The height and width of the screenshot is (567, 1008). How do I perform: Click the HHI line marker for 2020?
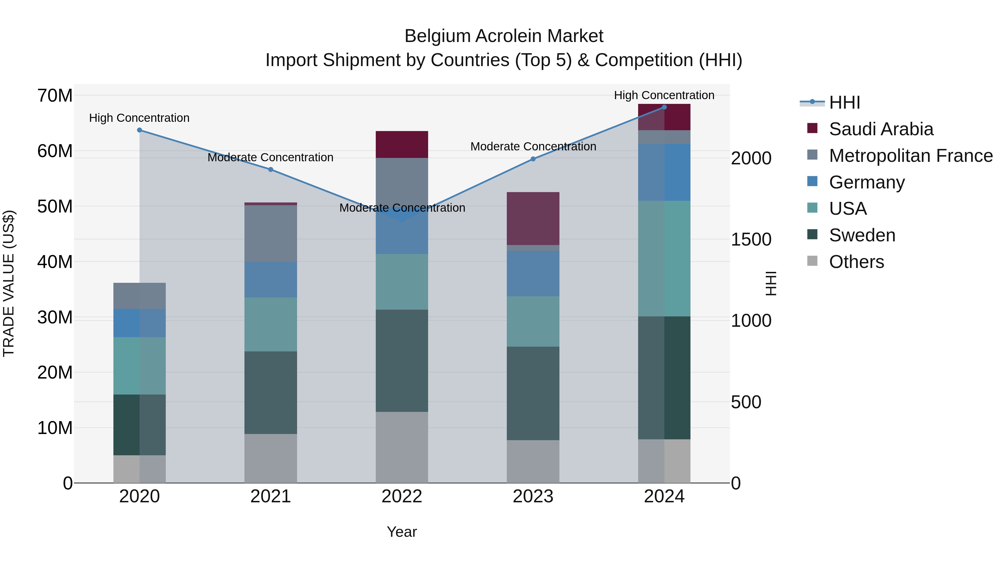click(139, 130)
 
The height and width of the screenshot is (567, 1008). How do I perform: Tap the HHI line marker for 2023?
click(533, 159)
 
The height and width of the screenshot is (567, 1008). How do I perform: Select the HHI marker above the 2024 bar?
click(664, 107)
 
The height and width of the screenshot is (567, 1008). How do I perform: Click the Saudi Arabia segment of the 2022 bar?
click(402, 144)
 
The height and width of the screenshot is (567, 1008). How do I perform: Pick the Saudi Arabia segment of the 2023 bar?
click(533, 218)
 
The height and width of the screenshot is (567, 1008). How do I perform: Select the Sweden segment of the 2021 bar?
click(270, 393)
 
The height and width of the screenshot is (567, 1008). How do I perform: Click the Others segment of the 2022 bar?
click(402, 447)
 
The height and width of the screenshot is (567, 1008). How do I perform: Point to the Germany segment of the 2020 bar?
click(139, 323)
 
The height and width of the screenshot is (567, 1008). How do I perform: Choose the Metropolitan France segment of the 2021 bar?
click(270, 233)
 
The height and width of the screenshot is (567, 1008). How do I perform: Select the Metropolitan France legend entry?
click(910, 156)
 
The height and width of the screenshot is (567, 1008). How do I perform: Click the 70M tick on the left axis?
click(55, 95)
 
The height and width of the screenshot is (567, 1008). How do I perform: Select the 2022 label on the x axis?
click(402, 496)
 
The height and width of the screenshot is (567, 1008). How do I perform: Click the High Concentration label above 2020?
click(139, 118)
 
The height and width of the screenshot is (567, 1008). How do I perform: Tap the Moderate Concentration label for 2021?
click(270, 157)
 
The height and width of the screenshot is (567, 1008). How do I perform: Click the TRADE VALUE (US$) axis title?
click(9, 283)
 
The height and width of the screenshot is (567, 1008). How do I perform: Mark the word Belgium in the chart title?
click(437, 36)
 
